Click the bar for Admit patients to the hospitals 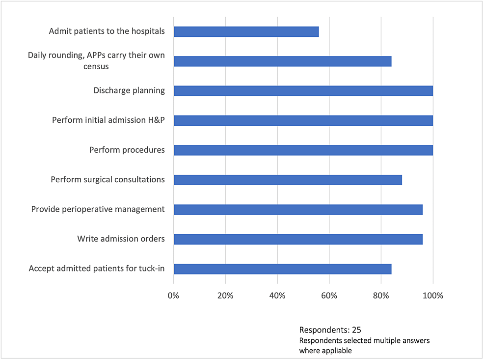(246, 31)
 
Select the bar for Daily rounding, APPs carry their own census (282, 61)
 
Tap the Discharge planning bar (303, 91)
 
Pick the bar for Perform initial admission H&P (303, 120)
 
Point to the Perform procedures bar (303, 150)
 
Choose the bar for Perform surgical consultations (288, 180)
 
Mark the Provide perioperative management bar (298, 210)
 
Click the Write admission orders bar (298, 239)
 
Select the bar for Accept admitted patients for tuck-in (282, 269)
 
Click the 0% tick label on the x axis (174, 296)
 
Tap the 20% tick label (225, 296)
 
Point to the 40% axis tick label (277, 296)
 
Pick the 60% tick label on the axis (329, 296)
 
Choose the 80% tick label (381, 296)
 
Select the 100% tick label (432, 296)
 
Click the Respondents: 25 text (330, 330)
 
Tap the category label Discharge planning (129, 90)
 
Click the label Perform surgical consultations (108, 179)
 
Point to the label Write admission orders (121, 239)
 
